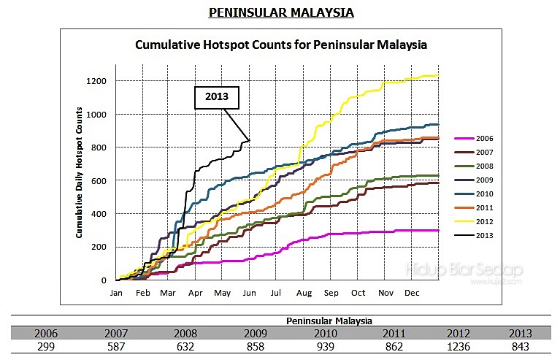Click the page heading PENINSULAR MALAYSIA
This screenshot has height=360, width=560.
[281, 12]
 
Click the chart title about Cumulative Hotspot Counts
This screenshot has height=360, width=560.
[281, 45]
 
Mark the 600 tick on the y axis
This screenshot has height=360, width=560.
[100, 180]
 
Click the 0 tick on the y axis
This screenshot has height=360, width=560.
[105, 280]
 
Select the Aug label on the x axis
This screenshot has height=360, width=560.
[304, 293]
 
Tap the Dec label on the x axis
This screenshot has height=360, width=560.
[411, 293]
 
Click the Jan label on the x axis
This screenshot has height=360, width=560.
[116, 293]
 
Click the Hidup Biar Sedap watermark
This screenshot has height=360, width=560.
[464, 270]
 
